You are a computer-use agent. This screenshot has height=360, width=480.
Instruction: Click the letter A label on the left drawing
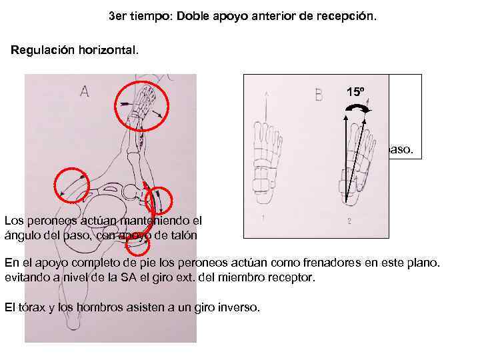tap(85, 92)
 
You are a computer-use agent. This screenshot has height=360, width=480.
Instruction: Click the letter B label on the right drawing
tap(319, 95)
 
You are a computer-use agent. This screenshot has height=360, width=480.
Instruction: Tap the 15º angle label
tap(356, 92)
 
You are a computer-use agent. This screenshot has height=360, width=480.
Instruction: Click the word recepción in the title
tap(347, 15)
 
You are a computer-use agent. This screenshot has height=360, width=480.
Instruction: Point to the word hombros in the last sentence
tap(87, 307)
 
